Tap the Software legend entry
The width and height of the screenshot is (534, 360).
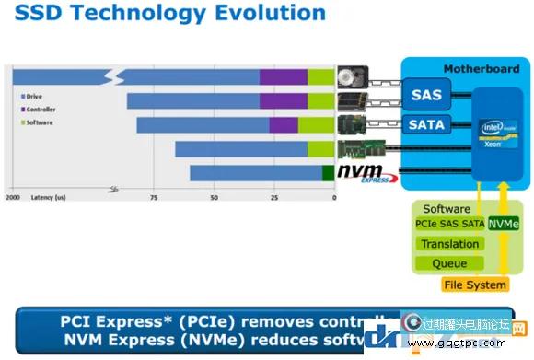[x=38, y=122]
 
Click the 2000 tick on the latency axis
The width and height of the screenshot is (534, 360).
[x=13, y=198]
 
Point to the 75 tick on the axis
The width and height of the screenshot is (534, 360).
[x=153, y=198]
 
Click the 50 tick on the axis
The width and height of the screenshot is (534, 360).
[x=214, y=198]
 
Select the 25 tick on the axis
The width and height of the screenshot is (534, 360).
[x=274, y=198]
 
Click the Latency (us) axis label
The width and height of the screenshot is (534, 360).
[x=48, y=198]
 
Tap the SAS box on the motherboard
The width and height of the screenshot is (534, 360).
[x=426, y=95]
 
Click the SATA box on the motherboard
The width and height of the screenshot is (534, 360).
[x=426, y=124]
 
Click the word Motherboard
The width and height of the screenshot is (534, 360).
[x=482, y=69]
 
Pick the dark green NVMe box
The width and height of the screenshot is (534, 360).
[x=503, y=224]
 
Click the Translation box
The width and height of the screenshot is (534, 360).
[x=449, y=244]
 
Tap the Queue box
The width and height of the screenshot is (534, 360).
[x=449, y=263]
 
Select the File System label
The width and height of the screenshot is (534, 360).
[x=475, y=285]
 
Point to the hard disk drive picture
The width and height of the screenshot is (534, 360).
[x=354, y=76]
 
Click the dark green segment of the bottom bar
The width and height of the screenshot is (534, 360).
[x=328, y=172]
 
